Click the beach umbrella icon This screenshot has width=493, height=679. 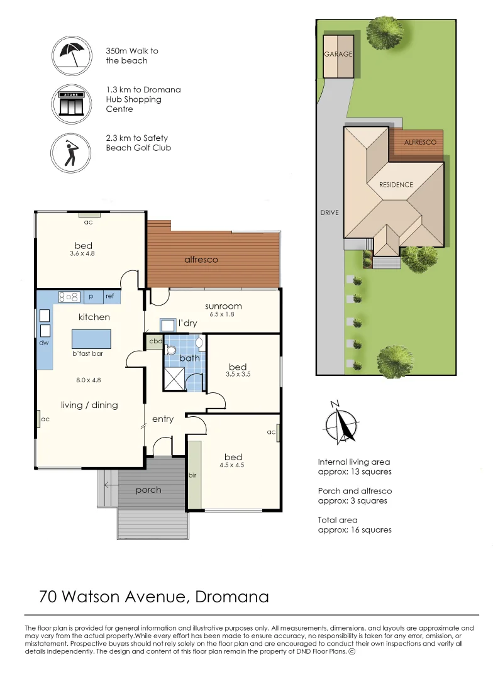[72, 56]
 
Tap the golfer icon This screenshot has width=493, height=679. [70, 153]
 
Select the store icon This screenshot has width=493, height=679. [72, 104]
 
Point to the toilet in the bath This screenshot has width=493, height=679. [171, 350]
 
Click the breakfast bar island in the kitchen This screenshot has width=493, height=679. [91, 339]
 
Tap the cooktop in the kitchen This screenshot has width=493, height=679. [69, 297]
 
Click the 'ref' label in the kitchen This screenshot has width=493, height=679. [109, 296]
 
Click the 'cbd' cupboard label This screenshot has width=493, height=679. [155, 341]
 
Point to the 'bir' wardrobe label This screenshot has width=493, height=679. [192, 475]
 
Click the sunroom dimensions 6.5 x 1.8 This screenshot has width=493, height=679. [222, 314]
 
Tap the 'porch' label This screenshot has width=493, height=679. [148, 490]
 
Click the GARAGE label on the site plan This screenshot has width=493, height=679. [338, 54]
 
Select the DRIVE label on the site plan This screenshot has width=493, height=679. [330, 213]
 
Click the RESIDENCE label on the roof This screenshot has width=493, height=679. [396, 184]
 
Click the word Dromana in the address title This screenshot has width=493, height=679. [232, 597]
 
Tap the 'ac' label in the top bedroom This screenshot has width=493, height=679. [89, 222]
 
